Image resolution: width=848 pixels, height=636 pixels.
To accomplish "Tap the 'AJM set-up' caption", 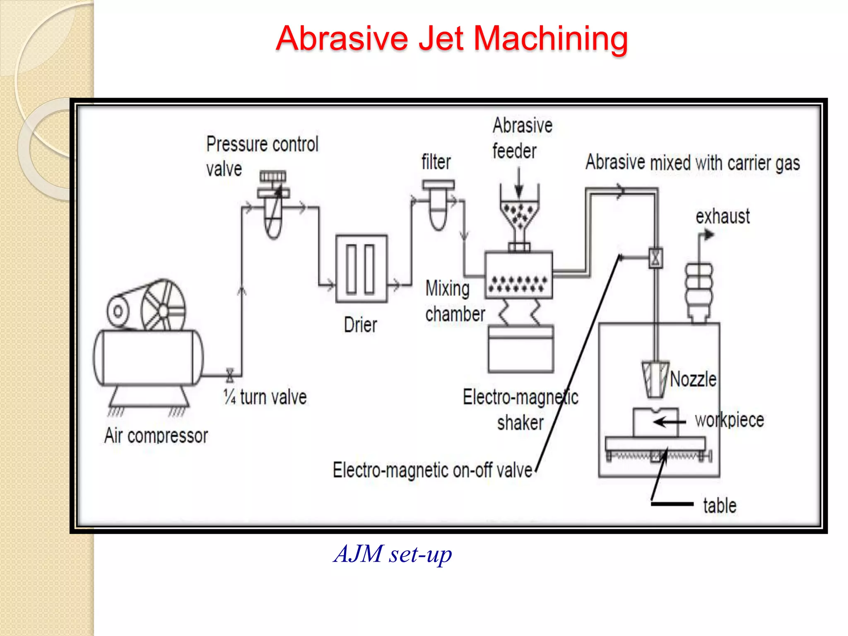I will (x=393, y=554).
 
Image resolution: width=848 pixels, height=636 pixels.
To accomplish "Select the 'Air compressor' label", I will (x=156, y=436).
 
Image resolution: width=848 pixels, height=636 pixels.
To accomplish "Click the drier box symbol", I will (x=361, y=268).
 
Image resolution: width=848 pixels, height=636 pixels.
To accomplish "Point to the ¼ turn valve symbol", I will (x=230, y=375).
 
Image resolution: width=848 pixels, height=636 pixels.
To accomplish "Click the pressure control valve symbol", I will (x=273, y=205).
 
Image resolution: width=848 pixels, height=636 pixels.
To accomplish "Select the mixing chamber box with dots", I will (x=518, y=275).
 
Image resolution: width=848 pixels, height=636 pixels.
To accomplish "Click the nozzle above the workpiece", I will (x=655, y=379).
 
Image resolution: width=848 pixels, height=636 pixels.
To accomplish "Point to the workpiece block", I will (x=655, y=422).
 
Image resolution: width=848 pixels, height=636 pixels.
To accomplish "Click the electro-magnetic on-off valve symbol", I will (x=655, y=258).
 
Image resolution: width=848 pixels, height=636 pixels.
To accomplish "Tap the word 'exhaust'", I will (x=723, y=217).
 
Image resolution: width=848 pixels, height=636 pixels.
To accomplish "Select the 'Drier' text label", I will (x=361, y=325).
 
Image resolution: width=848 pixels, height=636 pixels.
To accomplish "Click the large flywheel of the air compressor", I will (x=163, y=306).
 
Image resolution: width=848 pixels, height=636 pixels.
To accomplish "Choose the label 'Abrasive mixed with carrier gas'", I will (x=692, y=163).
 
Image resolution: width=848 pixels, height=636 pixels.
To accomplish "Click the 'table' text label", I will (x=720, y=506).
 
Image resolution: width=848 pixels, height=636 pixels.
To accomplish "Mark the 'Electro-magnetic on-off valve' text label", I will (x=432, y=470).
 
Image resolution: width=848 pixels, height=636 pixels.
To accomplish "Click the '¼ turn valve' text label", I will (x=265, y=397).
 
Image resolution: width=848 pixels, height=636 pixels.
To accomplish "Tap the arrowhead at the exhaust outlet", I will (x=709, y=235).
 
